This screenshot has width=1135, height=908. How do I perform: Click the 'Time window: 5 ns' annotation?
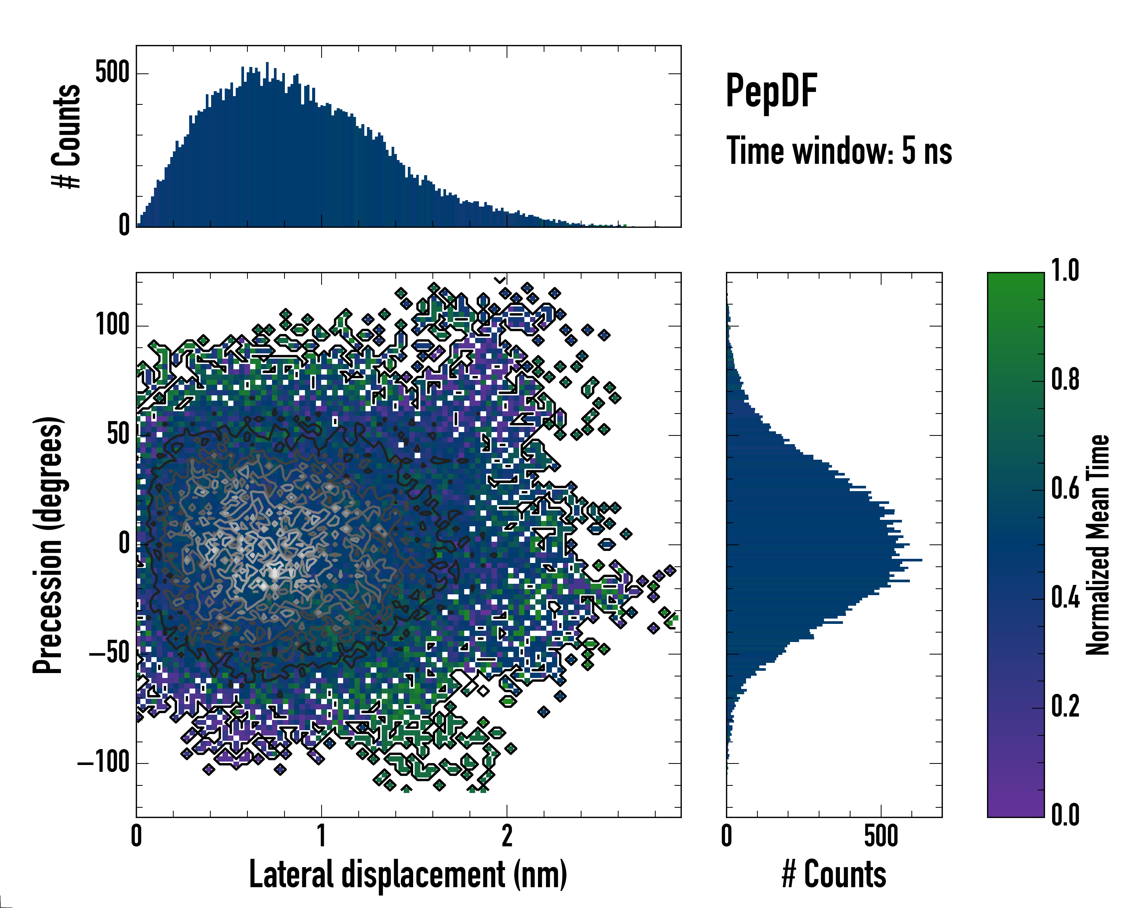coord(839,151)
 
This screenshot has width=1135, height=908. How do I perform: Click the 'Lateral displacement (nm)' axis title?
coord(408,875)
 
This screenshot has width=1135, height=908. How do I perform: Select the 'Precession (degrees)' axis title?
coord(48,545)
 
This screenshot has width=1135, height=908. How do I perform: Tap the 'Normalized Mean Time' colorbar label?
coord(1097,545)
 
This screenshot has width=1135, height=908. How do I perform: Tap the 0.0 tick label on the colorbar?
coord(1065,815)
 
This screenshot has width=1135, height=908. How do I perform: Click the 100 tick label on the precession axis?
coord(113,325)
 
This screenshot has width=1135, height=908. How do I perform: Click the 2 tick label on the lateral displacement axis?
coord(507,836)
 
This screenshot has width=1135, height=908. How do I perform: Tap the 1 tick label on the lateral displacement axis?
coord(322,836)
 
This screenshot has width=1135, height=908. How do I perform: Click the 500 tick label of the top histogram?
coord(113,73)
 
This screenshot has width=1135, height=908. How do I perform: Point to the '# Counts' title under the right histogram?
coord(834,875)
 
